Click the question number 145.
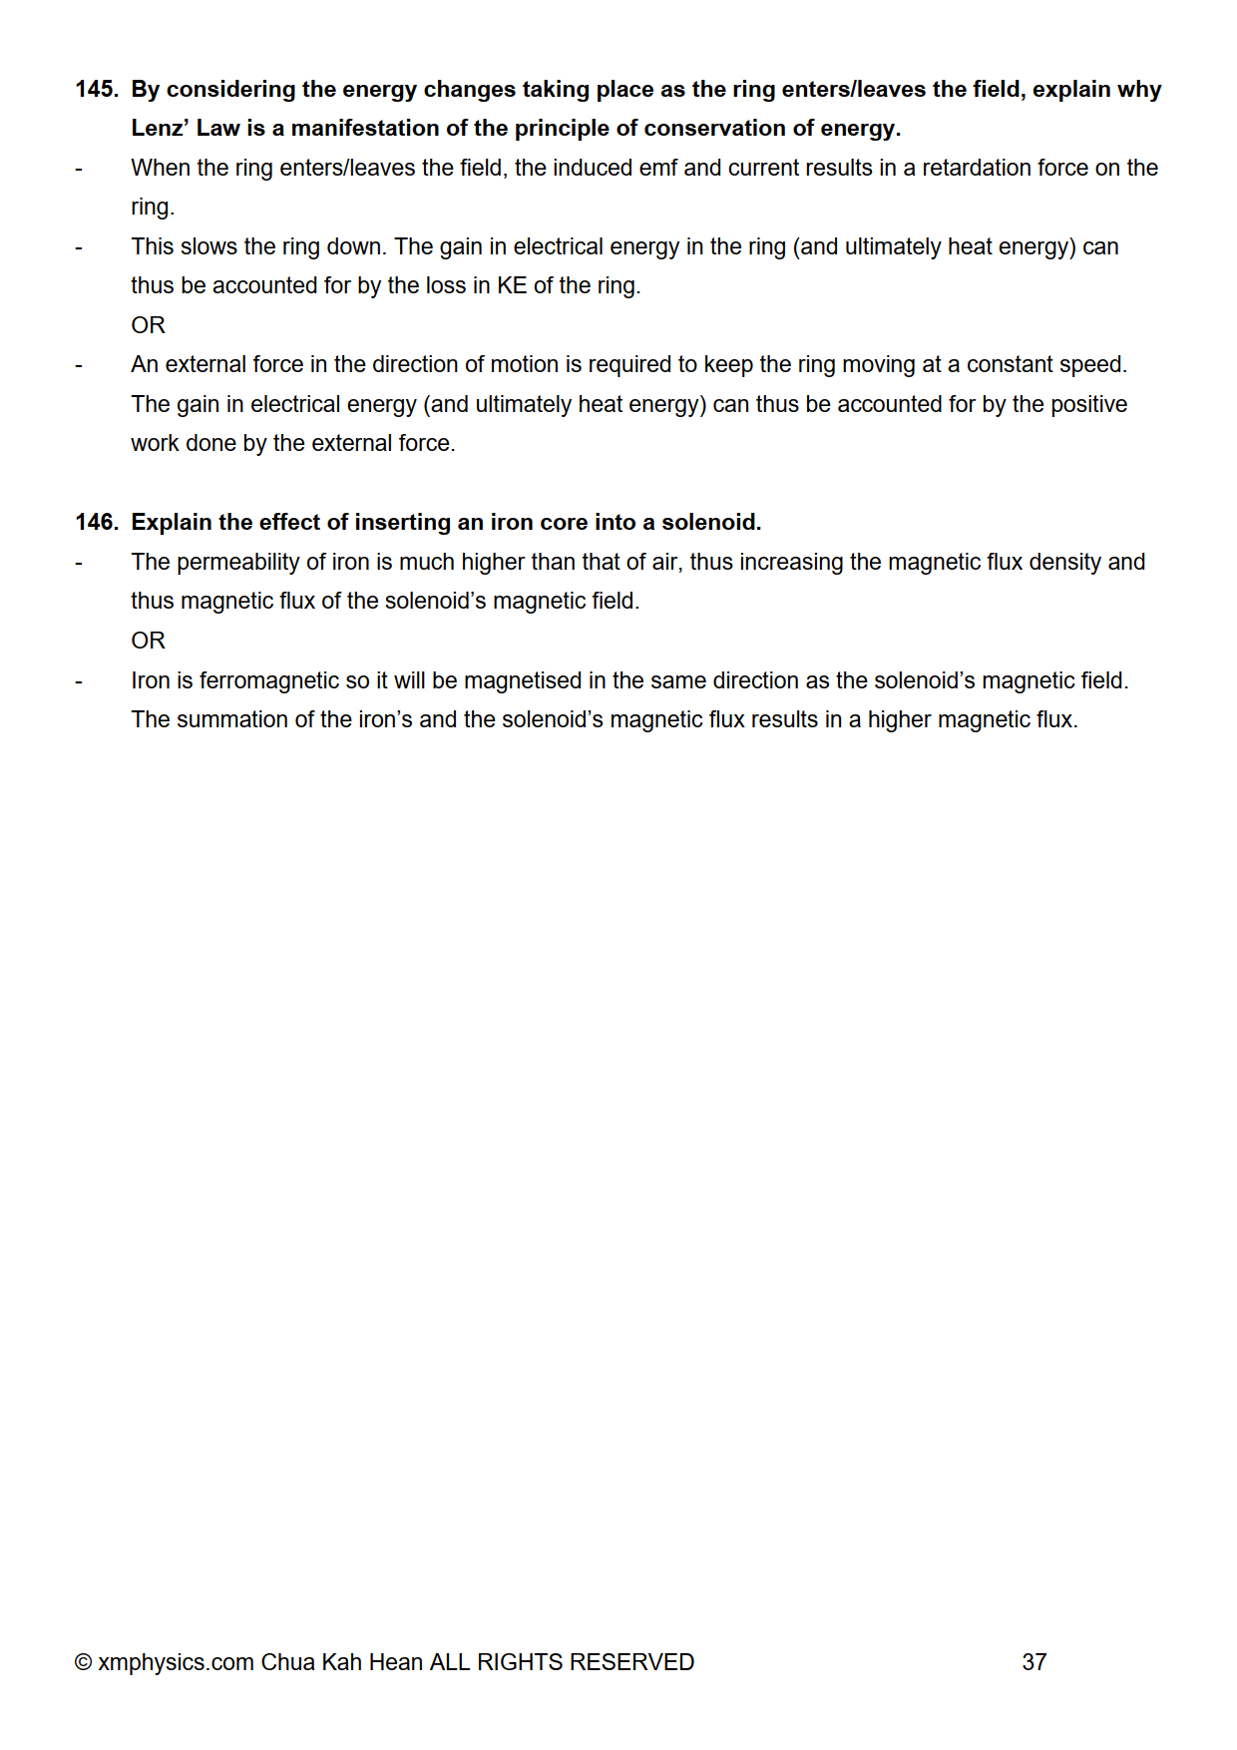[x=96, y=90]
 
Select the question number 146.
[x=96, y=523]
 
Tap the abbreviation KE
[x=511, y=286]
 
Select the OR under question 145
[x=148, y=326]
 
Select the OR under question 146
[x=148, y=642]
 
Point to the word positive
[x=1086, y=405]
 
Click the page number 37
[x=1033, y=1662]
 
